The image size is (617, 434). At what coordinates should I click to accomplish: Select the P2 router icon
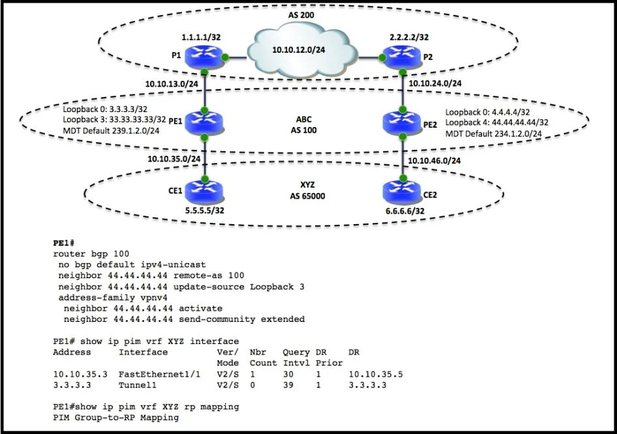click(x=402, y=56)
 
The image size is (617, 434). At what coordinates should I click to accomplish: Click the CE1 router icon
click(x=204, y=190)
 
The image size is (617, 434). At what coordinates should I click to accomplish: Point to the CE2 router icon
click(x=402, y=191)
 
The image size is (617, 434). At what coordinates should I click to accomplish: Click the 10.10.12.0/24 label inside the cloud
click(x=299, y=50)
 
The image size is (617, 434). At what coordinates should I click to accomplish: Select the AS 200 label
click(x=301, y=15)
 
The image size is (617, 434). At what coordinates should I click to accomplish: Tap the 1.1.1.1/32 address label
click(x=201, y=37)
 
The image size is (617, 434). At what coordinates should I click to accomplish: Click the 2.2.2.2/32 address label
click(x=409, y=37)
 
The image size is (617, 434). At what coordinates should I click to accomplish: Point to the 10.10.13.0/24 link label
click(x=172, y=83)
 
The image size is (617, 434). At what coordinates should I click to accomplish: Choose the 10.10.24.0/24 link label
click(x=435, y=83)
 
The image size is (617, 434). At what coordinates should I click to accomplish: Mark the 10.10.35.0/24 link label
click(x=174, y=159)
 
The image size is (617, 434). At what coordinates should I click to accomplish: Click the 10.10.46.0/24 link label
click(x=434, y=161)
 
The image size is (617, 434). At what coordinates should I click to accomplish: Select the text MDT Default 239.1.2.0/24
click(x=111, y=130)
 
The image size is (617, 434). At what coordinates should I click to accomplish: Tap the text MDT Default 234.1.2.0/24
click(x=494, y=134)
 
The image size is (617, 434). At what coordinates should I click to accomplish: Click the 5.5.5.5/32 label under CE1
click(x=205, y=210)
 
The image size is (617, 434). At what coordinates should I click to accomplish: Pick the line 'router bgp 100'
click(x=91, y=253)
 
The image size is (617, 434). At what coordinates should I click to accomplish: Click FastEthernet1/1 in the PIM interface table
click(x=159, y=374)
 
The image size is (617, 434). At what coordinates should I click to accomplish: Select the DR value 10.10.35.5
click(x=376, y=374)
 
